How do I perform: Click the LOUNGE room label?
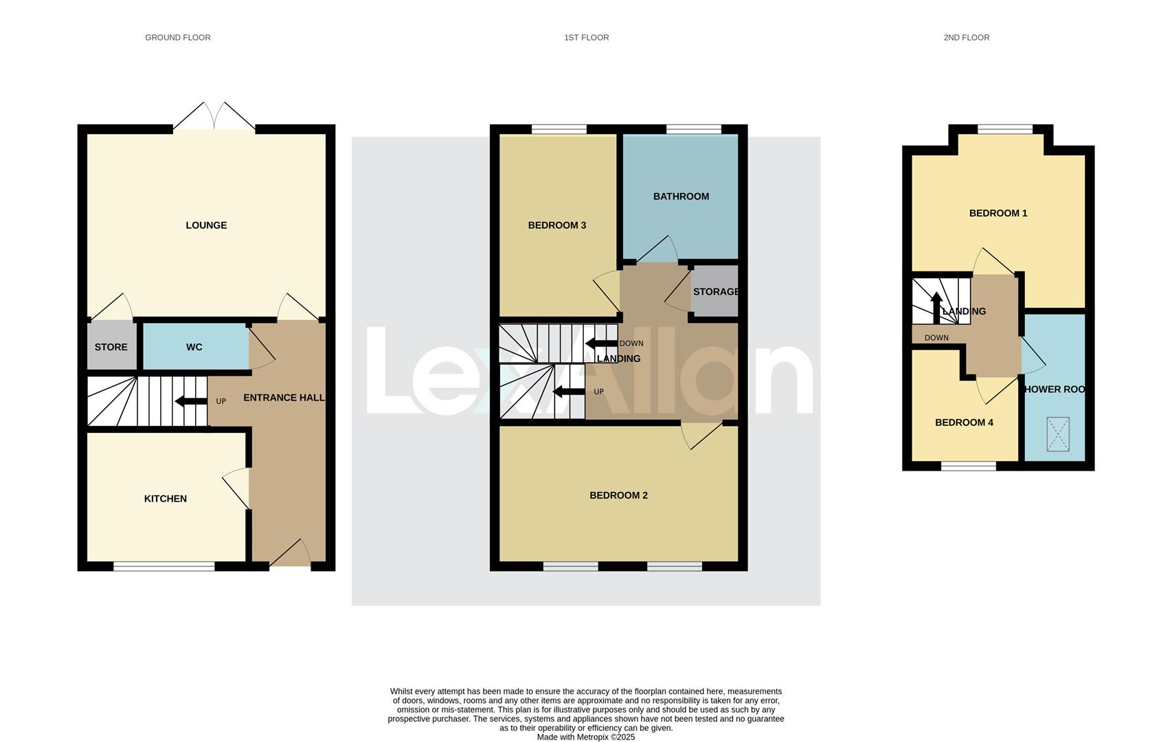pyautogui.click(x=206, y=225)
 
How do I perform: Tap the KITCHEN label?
pyautogui.click(x=165, y=499)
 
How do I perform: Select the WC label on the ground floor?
pyautogui.click(x=194, y=347)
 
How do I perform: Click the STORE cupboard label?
pyautogui.click(x=111, y=347)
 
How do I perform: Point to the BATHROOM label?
pyautogui.click(x=681, y=196)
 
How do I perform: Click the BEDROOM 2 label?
pyautogui.click(x=618, y=495)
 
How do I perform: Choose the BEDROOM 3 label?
pyautogui.click(x=556, y=225)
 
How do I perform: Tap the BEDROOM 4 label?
pyautogui.click(x=964, y=423)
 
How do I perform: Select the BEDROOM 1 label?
pyautogui.click(x=998, y=213)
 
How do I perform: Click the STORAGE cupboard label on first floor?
pyautogui.click(x=716, y=292)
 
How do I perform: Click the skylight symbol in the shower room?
pyautogui.click(x=1058, y=434)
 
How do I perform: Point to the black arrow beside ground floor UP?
pyautogui.click(x=190, y=401)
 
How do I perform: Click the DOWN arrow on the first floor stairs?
pyautogui.click(x=600, y=344)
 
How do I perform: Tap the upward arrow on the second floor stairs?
pyautogui.click(x=936, y=306)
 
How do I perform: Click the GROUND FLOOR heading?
pyautogui.click(x=177, y=38)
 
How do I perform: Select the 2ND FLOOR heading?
pyautogui.click(x=966, y=38)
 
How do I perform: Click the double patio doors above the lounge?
pyautogui.click(x=214, y=117)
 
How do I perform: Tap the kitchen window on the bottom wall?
pyautogui.click(x=164, y=566)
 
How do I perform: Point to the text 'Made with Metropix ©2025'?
pyautogui.click(x=585, y=737)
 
